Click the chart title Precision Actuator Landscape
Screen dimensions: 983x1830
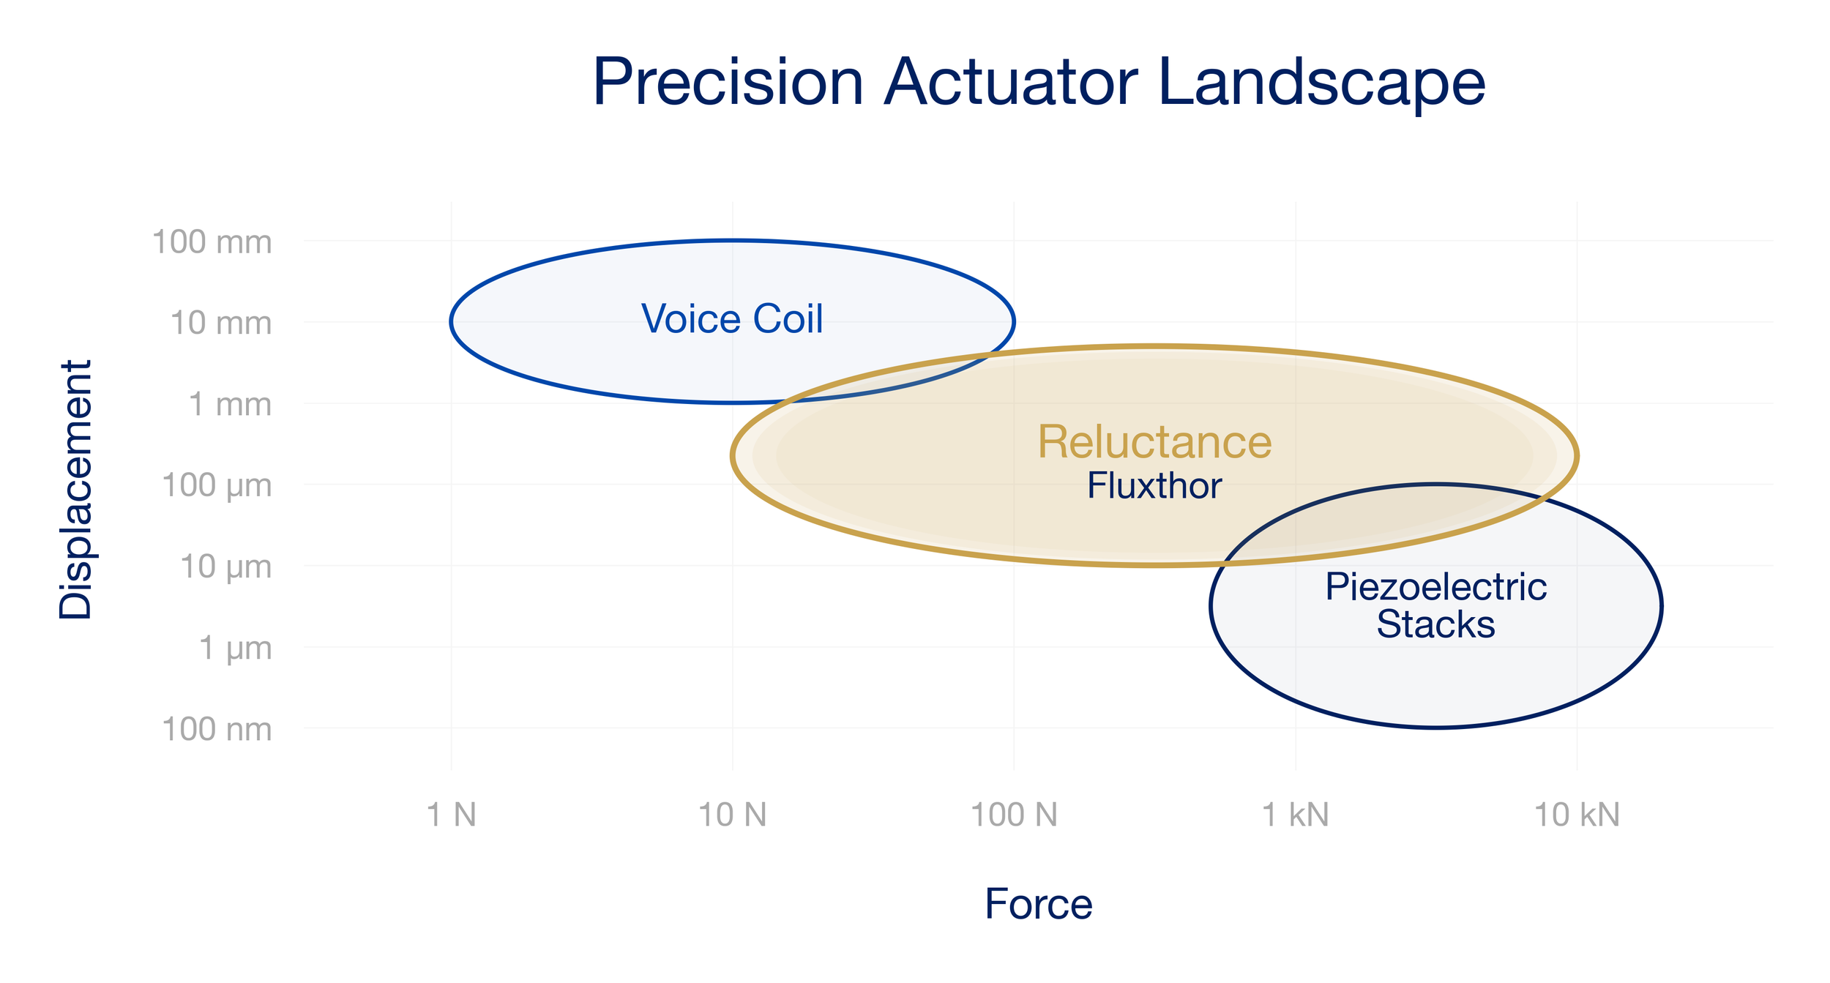(1038, 83)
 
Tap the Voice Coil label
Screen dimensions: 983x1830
(732, 319)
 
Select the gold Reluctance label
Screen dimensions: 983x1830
(1154, 442)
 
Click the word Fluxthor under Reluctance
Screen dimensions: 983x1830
(1154, 486)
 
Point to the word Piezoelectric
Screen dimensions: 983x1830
(1435, 587)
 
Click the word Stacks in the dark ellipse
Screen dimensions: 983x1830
(1435, 624)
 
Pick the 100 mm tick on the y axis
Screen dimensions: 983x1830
(212, 242)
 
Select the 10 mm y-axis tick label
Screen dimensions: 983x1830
(220, 324)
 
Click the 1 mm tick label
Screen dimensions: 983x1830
(230, 405)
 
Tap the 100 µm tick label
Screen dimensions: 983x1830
(217, 486)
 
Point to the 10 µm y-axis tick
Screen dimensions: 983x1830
(225, 567)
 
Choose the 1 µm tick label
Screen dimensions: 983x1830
(235, 649)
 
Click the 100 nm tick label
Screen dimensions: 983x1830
(217, 730)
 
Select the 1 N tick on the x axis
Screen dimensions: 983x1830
(451, 815)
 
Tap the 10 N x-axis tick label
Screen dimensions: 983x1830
(732, 815)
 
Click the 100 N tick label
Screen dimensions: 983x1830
(1014, 815)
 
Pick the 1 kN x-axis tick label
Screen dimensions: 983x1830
(1295, 815)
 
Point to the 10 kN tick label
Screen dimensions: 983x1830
(1577, 815)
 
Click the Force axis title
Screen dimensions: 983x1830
(1038, 905)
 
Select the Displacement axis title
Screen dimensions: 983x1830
(76, 490)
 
